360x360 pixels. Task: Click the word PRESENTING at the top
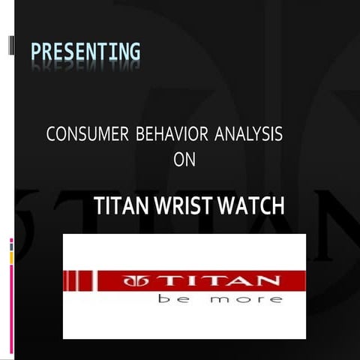pos(85,52)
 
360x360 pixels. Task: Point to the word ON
pos(184,159)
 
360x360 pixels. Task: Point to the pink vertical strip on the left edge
pos(11,300)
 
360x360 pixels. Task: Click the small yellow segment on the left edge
pos(11,257)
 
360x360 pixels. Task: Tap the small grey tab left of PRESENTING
pos(11,46)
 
